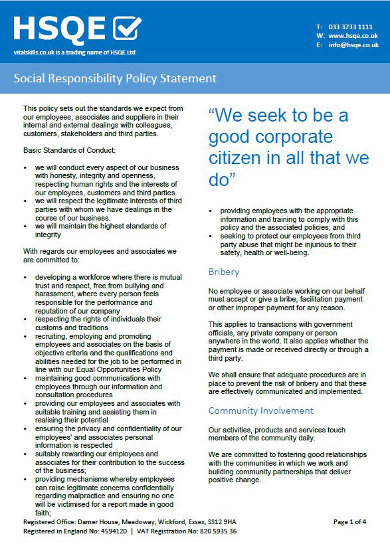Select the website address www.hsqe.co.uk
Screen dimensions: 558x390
point(353,35)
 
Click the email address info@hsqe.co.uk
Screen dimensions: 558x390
point(353,45)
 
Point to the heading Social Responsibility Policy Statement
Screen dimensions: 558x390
point(115,78)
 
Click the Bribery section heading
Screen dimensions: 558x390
point(224,272)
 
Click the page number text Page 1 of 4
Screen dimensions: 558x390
point(349,522)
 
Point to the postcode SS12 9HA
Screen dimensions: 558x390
point(221,522)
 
